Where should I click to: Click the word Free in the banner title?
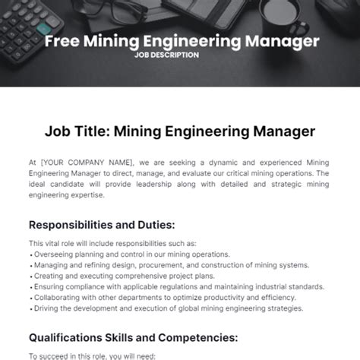pos(62,41)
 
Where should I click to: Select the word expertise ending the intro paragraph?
pos(87,195)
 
